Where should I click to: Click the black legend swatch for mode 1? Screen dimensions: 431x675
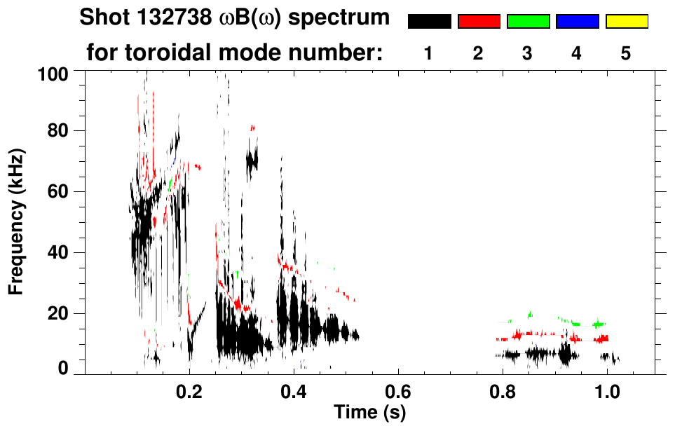(x=429, y=22)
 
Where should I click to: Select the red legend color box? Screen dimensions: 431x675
(x=479, y=22)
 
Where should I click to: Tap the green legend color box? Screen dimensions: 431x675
(x=528, y=22)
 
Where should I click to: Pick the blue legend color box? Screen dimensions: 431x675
(x=577, y=22)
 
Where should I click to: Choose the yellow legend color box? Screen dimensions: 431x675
(x=627, y=22)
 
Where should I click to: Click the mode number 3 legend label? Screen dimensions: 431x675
(x=527, y=53)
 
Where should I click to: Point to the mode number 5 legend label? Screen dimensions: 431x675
(x=626, y=53)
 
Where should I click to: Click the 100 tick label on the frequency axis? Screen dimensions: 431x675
(x=55, y=73)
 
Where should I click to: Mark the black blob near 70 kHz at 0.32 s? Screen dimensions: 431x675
(x=252, y=160)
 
